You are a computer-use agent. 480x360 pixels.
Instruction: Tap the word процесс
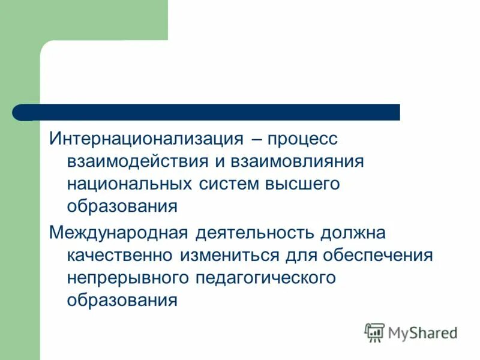(x=303, y=139)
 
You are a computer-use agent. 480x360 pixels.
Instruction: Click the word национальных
(x=128, y=184)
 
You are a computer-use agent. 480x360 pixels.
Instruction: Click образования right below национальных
(x=122, y=206)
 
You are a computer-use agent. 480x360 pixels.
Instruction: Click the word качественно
(x=119, y=255)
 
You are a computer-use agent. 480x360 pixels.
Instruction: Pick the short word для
(x=301, y=255)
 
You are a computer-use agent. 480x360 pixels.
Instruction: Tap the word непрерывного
(x=129, y=277)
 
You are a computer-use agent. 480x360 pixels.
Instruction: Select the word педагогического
(x=265, y=277)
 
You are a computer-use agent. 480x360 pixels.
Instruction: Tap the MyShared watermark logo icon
(x=375, y=332)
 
